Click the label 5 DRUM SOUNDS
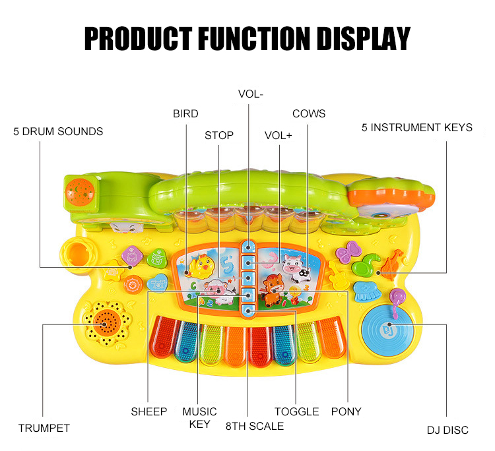58,131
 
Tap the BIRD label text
185,113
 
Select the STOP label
219,135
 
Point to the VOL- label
251,94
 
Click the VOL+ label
279,135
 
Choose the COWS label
309,113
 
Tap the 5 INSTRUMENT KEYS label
417,127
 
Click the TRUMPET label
44,428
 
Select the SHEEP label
148,411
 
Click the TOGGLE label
297,411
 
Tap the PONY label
346,411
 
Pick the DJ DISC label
447,430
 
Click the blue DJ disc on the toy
389,326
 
